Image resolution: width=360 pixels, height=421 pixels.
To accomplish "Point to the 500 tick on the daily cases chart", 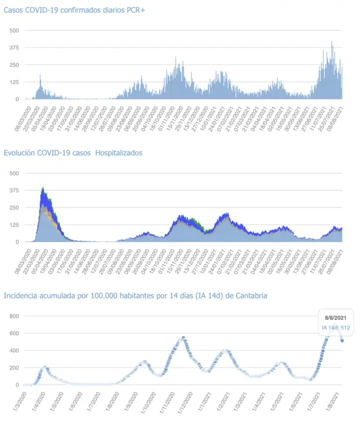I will pyautogui.click(x=14, y=30).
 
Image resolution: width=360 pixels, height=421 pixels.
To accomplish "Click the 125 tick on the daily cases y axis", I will pyautogui.click(x=14, y=82).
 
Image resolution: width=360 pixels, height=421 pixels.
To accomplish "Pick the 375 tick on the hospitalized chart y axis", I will pyautogui.click(x=14, y=191).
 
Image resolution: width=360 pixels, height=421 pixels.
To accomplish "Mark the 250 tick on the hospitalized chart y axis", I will pyautogui.click(x=14, y=208).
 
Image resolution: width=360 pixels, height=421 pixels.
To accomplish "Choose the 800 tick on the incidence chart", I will pyautogui.click(x=14, y=316).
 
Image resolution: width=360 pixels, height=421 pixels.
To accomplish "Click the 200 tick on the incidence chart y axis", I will pyautogui.click(x=14, y=368).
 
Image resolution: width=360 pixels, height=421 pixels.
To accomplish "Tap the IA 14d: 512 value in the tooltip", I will pyautogui.click(x=335, y=328).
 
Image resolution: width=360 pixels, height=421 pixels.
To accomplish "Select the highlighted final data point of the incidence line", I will pyautogui.click(x=342, y=341).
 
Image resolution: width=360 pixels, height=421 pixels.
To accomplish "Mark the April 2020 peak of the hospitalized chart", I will pyautogui.click(x=43, y=188).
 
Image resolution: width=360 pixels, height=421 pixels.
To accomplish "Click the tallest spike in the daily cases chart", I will pyautogui.click(x=331, y=42).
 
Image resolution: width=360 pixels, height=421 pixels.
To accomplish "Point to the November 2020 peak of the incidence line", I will pyautogui.click(x=184, y=337).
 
